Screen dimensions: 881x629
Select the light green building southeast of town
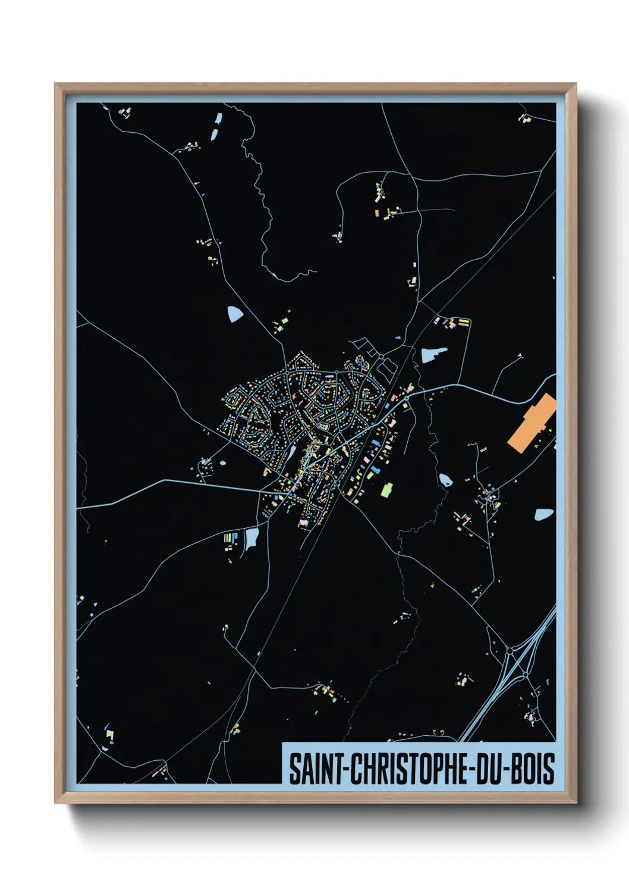(386, 490)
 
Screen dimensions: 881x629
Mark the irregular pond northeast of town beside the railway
(432, 355)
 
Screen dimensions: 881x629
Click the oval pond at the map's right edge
(544, 514)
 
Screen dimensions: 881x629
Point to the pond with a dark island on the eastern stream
(444, 479)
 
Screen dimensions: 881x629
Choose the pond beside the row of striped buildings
(251, 538)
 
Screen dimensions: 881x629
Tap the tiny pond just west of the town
(222, 463)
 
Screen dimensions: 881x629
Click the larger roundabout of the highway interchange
(510, 652)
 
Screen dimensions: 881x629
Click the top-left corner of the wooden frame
(56, 85)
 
